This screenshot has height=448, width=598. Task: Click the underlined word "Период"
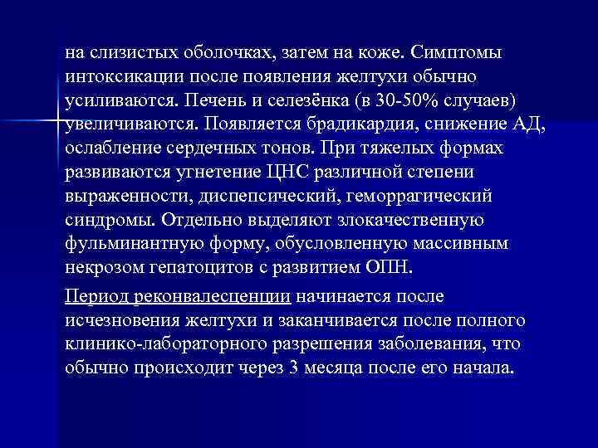click(x=95, y=295)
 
